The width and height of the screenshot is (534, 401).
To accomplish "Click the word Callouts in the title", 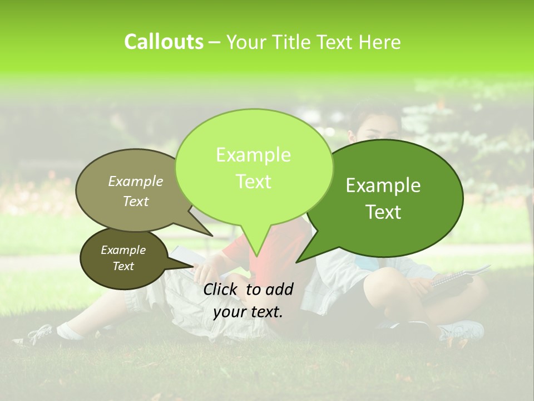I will click(164, 42).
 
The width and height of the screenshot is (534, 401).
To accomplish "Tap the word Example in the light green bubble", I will click(253, 155).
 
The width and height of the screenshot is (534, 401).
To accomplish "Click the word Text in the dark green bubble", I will click(384, 212).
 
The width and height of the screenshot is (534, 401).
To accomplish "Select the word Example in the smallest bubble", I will click(123, 250).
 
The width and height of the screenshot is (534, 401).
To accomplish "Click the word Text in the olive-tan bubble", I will click(136, 202).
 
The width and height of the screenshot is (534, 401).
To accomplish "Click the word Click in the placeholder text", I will click(221, 289).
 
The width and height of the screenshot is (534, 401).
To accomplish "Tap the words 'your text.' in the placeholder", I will click(248, 312).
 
